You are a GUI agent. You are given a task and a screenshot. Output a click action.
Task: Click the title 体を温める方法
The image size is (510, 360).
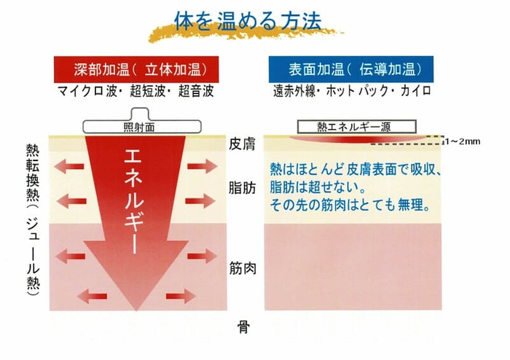248,21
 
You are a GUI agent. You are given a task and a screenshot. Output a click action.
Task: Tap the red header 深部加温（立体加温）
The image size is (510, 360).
136,69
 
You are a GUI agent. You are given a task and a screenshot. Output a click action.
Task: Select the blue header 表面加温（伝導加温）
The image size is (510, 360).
351,69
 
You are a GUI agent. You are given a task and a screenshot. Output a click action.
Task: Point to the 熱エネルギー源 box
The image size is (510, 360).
357,127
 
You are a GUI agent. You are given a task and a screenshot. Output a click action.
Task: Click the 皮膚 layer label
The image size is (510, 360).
243,144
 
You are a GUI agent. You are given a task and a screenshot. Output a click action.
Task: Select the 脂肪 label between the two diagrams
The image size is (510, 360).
243,187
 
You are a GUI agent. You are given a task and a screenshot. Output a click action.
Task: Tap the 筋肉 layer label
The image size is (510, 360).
243,268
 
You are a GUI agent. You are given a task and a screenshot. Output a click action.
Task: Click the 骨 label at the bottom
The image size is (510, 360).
243,326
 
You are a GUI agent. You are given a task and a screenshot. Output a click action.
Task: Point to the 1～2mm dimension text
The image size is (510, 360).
463,141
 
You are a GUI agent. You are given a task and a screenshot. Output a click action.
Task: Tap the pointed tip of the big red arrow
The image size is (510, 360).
136,310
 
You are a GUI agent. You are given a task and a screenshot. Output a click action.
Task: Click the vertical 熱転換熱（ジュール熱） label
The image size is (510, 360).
33,220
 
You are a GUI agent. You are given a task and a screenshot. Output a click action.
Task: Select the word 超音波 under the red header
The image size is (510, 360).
196,91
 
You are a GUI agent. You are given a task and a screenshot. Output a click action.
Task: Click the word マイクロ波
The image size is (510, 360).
87,91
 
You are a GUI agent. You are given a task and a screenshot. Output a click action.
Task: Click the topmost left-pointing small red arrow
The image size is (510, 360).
69,166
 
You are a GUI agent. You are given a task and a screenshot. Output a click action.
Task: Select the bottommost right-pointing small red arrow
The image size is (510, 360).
181,296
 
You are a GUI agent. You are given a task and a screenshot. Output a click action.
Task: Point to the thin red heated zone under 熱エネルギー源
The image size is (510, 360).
358,139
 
